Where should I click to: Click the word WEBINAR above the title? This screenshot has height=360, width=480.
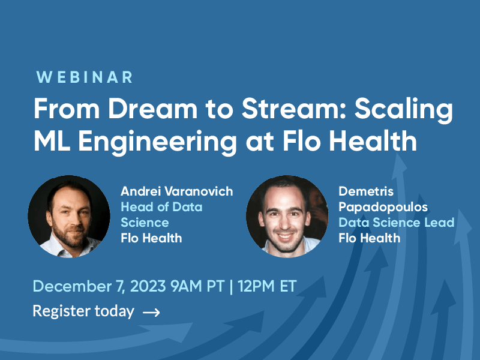(x=85, y=77)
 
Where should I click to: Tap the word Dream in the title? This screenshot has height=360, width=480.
(x=152, y=109)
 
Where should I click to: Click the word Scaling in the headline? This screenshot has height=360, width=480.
(x=403, y=110)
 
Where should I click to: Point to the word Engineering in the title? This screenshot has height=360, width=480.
(x=158, y=143)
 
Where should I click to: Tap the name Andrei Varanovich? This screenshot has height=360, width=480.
(x=177, y=191)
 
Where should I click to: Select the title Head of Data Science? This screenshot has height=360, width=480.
(x=161, y=215)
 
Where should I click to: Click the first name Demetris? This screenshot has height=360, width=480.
(x=366, y=191)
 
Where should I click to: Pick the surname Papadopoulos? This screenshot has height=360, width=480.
(x=383, y=207)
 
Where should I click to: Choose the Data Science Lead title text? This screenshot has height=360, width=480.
(x=397, y=223)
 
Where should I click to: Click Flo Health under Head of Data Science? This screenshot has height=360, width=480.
(x=152, y=238)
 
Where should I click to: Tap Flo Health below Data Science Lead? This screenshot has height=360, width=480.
(x=370, y=238)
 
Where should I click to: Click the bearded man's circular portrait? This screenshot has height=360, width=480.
(x=69, y=217)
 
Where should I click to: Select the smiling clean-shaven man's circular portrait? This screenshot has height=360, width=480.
(x=287, y=217)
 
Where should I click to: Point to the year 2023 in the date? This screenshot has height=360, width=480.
(x=148, y=287)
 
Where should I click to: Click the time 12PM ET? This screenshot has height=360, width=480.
(x=267, y=287)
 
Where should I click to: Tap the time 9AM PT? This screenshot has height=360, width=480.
(x=198, y=287)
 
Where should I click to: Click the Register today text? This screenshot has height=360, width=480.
(x=83, y=311)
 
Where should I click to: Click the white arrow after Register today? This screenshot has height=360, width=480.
(x=151, y=312)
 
